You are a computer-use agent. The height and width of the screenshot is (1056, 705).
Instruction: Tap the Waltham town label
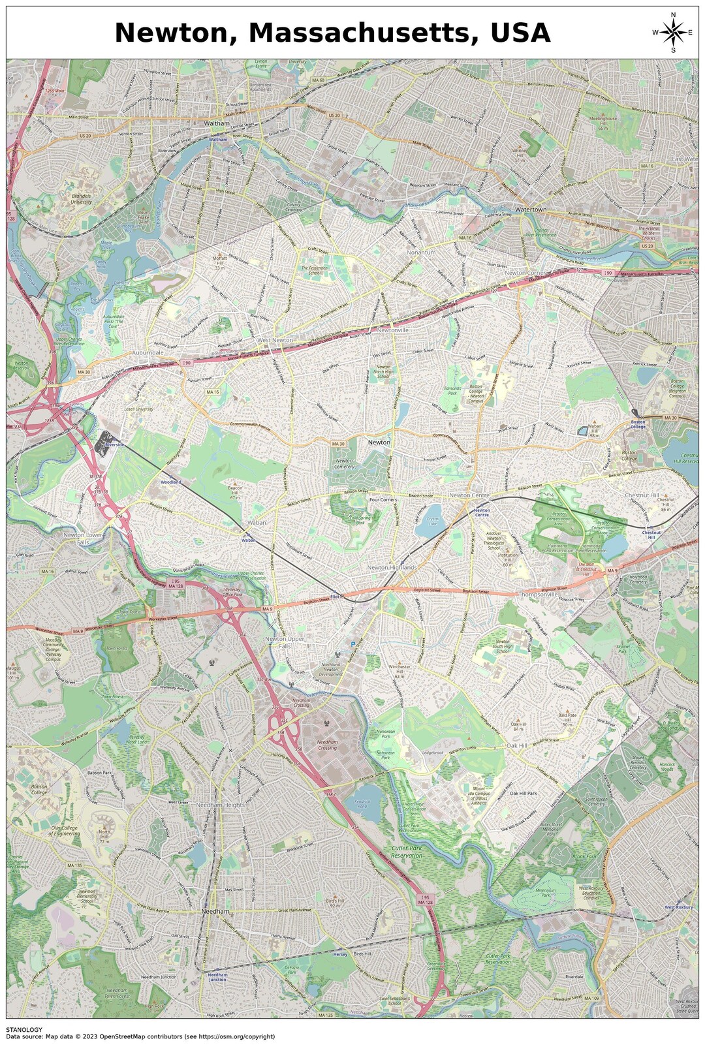pos(217,123)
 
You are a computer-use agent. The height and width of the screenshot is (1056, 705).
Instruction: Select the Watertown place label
pos(531,210)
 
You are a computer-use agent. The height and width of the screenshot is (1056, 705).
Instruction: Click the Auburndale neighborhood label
pos(148,352)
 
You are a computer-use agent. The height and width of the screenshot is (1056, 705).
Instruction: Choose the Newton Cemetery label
pos(344,464)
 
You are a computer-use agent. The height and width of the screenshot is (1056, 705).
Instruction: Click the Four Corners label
pos(383,500)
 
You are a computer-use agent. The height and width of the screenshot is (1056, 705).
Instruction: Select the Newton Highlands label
pos(392,567)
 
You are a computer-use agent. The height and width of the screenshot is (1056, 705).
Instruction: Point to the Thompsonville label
pos(539,595)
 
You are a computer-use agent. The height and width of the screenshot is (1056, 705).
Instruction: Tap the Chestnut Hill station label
pos(651,535)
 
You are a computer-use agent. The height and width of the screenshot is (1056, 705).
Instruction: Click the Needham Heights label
pos(221,805)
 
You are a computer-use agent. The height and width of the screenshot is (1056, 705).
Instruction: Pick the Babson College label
pos(39,790)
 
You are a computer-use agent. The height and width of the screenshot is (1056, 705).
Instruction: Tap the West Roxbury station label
pos(678,907)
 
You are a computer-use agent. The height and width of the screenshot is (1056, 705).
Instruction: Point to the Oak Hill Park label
pos(523,793)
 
